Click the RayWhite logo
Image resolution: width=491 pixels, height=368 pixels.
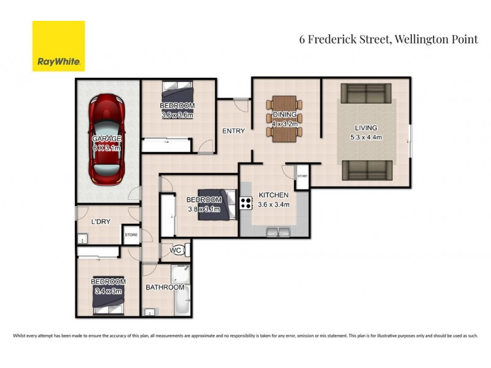[x=58, y=46]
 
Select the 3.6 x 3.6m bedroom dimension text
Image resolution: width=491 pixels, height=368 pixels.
[x=177, y=115]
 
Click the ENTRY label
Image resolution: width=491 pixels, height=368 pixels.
[x=233, y=131]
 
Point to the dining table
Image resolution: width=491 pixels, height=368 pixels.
[x=284, y=118]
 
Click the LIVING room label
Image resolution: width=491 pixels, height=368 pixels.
[x=365, y=128]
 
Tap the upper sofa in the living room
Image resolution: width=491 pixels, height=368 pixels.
[x=365, y=93]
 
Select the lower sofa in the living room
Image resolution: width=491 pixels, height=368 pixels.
[x=365, y=170]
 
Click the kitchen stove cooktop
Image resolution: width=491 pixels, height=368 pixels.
[x=246, y=202]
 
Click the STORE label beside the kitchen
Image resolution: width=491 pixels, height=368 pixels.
[x=301, y=176]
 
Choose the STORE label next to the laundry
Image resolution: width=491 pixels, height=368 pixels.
[x=131, y=235]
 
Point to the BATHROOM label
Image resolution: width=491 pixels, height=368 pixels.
[x=164, y=287]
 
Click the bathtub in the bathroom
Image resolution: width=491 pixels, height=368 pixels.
[x=181, y=291]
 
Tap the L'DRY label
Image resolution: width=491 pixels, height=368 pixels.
[x=100, y=222]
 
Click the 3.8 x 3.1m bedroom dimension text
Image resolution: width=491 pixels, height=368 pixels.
[x=204, y=209]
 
